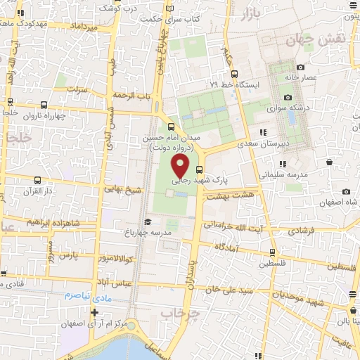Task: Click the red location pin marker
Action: (x=181, y=167)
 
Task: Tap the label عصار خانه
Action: (x=302, y=77)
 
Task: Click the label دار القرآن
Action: (x=39, y=191)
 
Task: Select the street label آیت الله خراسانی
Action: (x=232, y=226)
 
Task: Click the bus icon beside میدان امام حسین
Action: (x=172, y=127)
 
